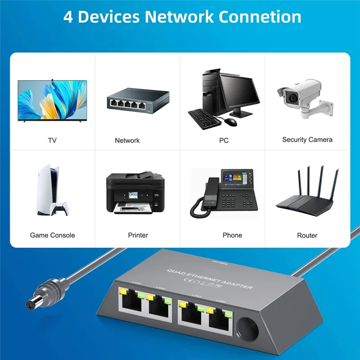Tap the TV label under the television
click(x=52, y=140)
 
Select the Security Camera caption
click(x=307, y=139)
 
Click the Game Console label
click(x=52, y=235)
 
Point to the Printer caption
click(x=138, y=235)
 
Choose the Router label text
click(x=307, y=235)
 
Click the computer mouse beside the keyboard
click(x=230, y=121)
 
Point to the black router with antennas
click(x=307, y=198)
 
